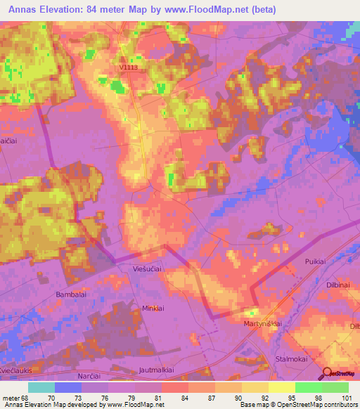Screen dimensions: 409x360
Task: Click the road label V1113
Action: [129, 68]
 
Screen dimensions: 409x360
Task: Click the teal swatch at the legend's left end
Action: [41, 387]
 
